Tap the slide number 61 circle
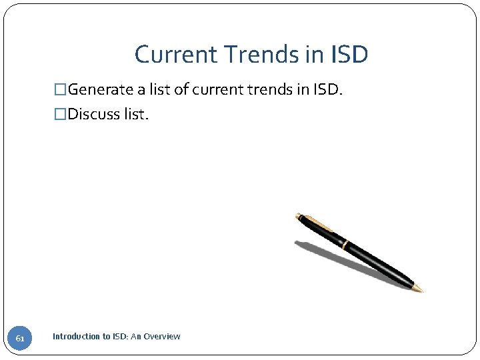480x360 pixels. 20,339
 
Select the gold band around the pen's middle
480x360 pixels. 344,244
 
